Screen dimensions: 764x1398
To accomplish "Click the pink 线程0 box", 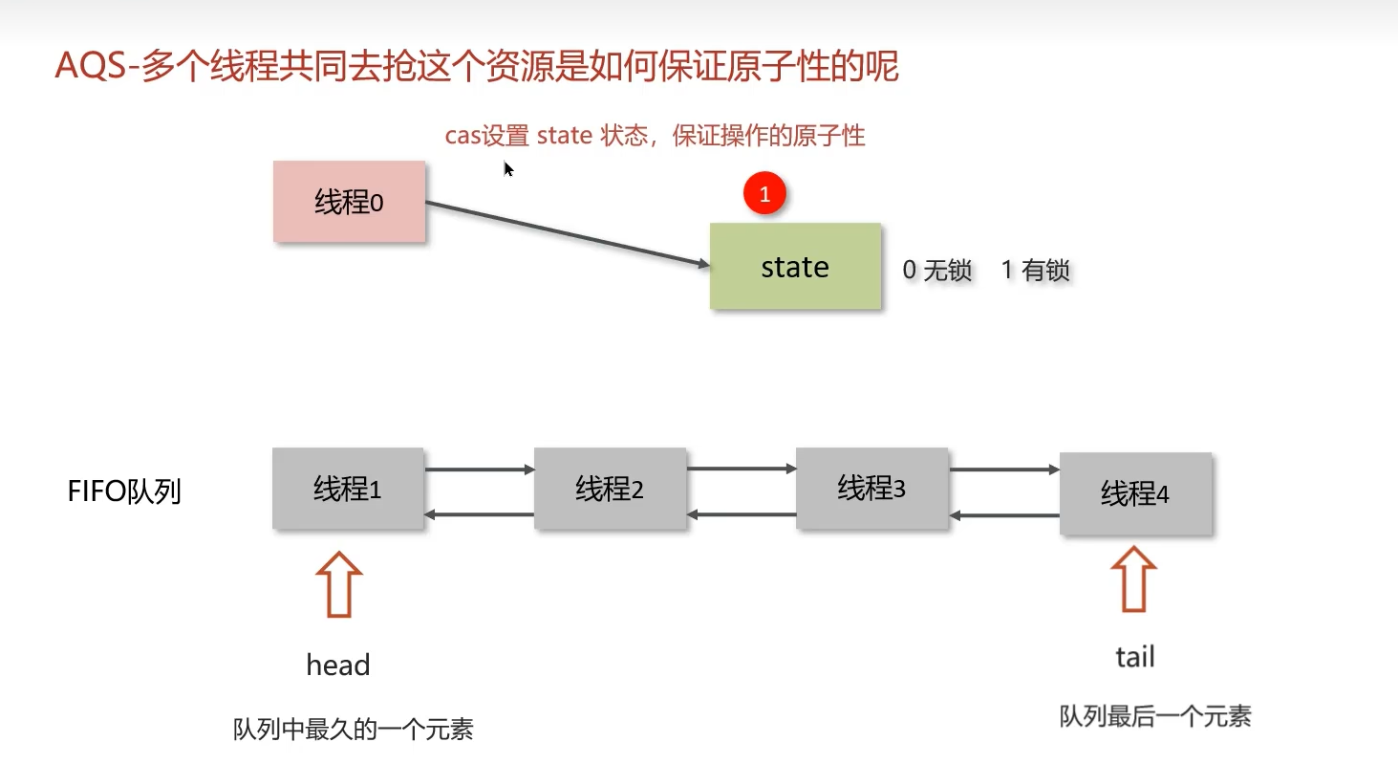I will pyautogui.click(x=349, y=202).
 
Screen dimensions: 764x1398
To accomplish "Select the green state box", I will pyautogui.click(x=795, y=266).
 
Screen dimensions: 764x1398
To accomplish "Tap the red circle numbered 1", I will pyautogui.click(x=764, y=195).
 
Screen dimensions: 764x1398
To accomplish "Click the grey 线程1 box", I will pyautogui.click(x=348, y=489).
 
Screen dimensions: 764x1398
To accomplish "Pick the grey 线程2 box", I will pyautogui.click(x=610, y=489).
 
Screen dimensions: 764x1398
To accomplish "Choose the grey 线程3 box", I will pyautogui.click(x=871, y=488).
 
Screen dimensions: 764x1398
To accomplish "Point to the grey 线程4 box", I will pyautogui.click(x=1135, y=493).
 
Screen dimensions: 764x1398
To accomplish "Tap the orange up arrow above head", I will pyautogui.click(x=338, y=584).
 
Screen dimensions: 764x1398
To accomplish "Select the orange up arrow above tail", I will pyautogui.click(x=1133, y=580).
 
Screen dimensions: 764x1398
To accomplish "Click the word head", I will pyautogui.click(x=338, y=665).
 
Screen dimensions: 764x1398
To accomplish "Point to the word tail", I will pyautogui.click(x=1135, y=657).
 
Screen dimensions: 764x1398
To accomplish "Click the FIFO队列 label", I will pyautogui.click(x=124, y=491).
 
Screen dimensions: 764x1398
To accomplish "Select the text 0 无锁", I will pyautogui.click(x=936, y=271).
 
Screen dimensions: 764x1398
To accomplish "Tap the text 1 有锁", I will pyautogui.click(x=1035, y=271).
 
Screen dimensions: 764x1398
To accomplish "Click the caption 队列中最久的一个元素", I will pyautogui.click(x=354, y=731).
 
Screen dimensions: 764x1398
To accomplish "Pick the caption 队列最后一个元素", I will pyautogui.click(x=1155, y=716).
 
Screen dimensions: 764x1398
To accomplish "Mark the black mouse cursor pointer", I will pyautogui.click(x=507, y=168).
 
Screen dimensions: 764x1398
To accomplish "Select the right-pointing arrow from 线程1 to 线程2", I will pyautogui.click(x=479, y=469).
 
